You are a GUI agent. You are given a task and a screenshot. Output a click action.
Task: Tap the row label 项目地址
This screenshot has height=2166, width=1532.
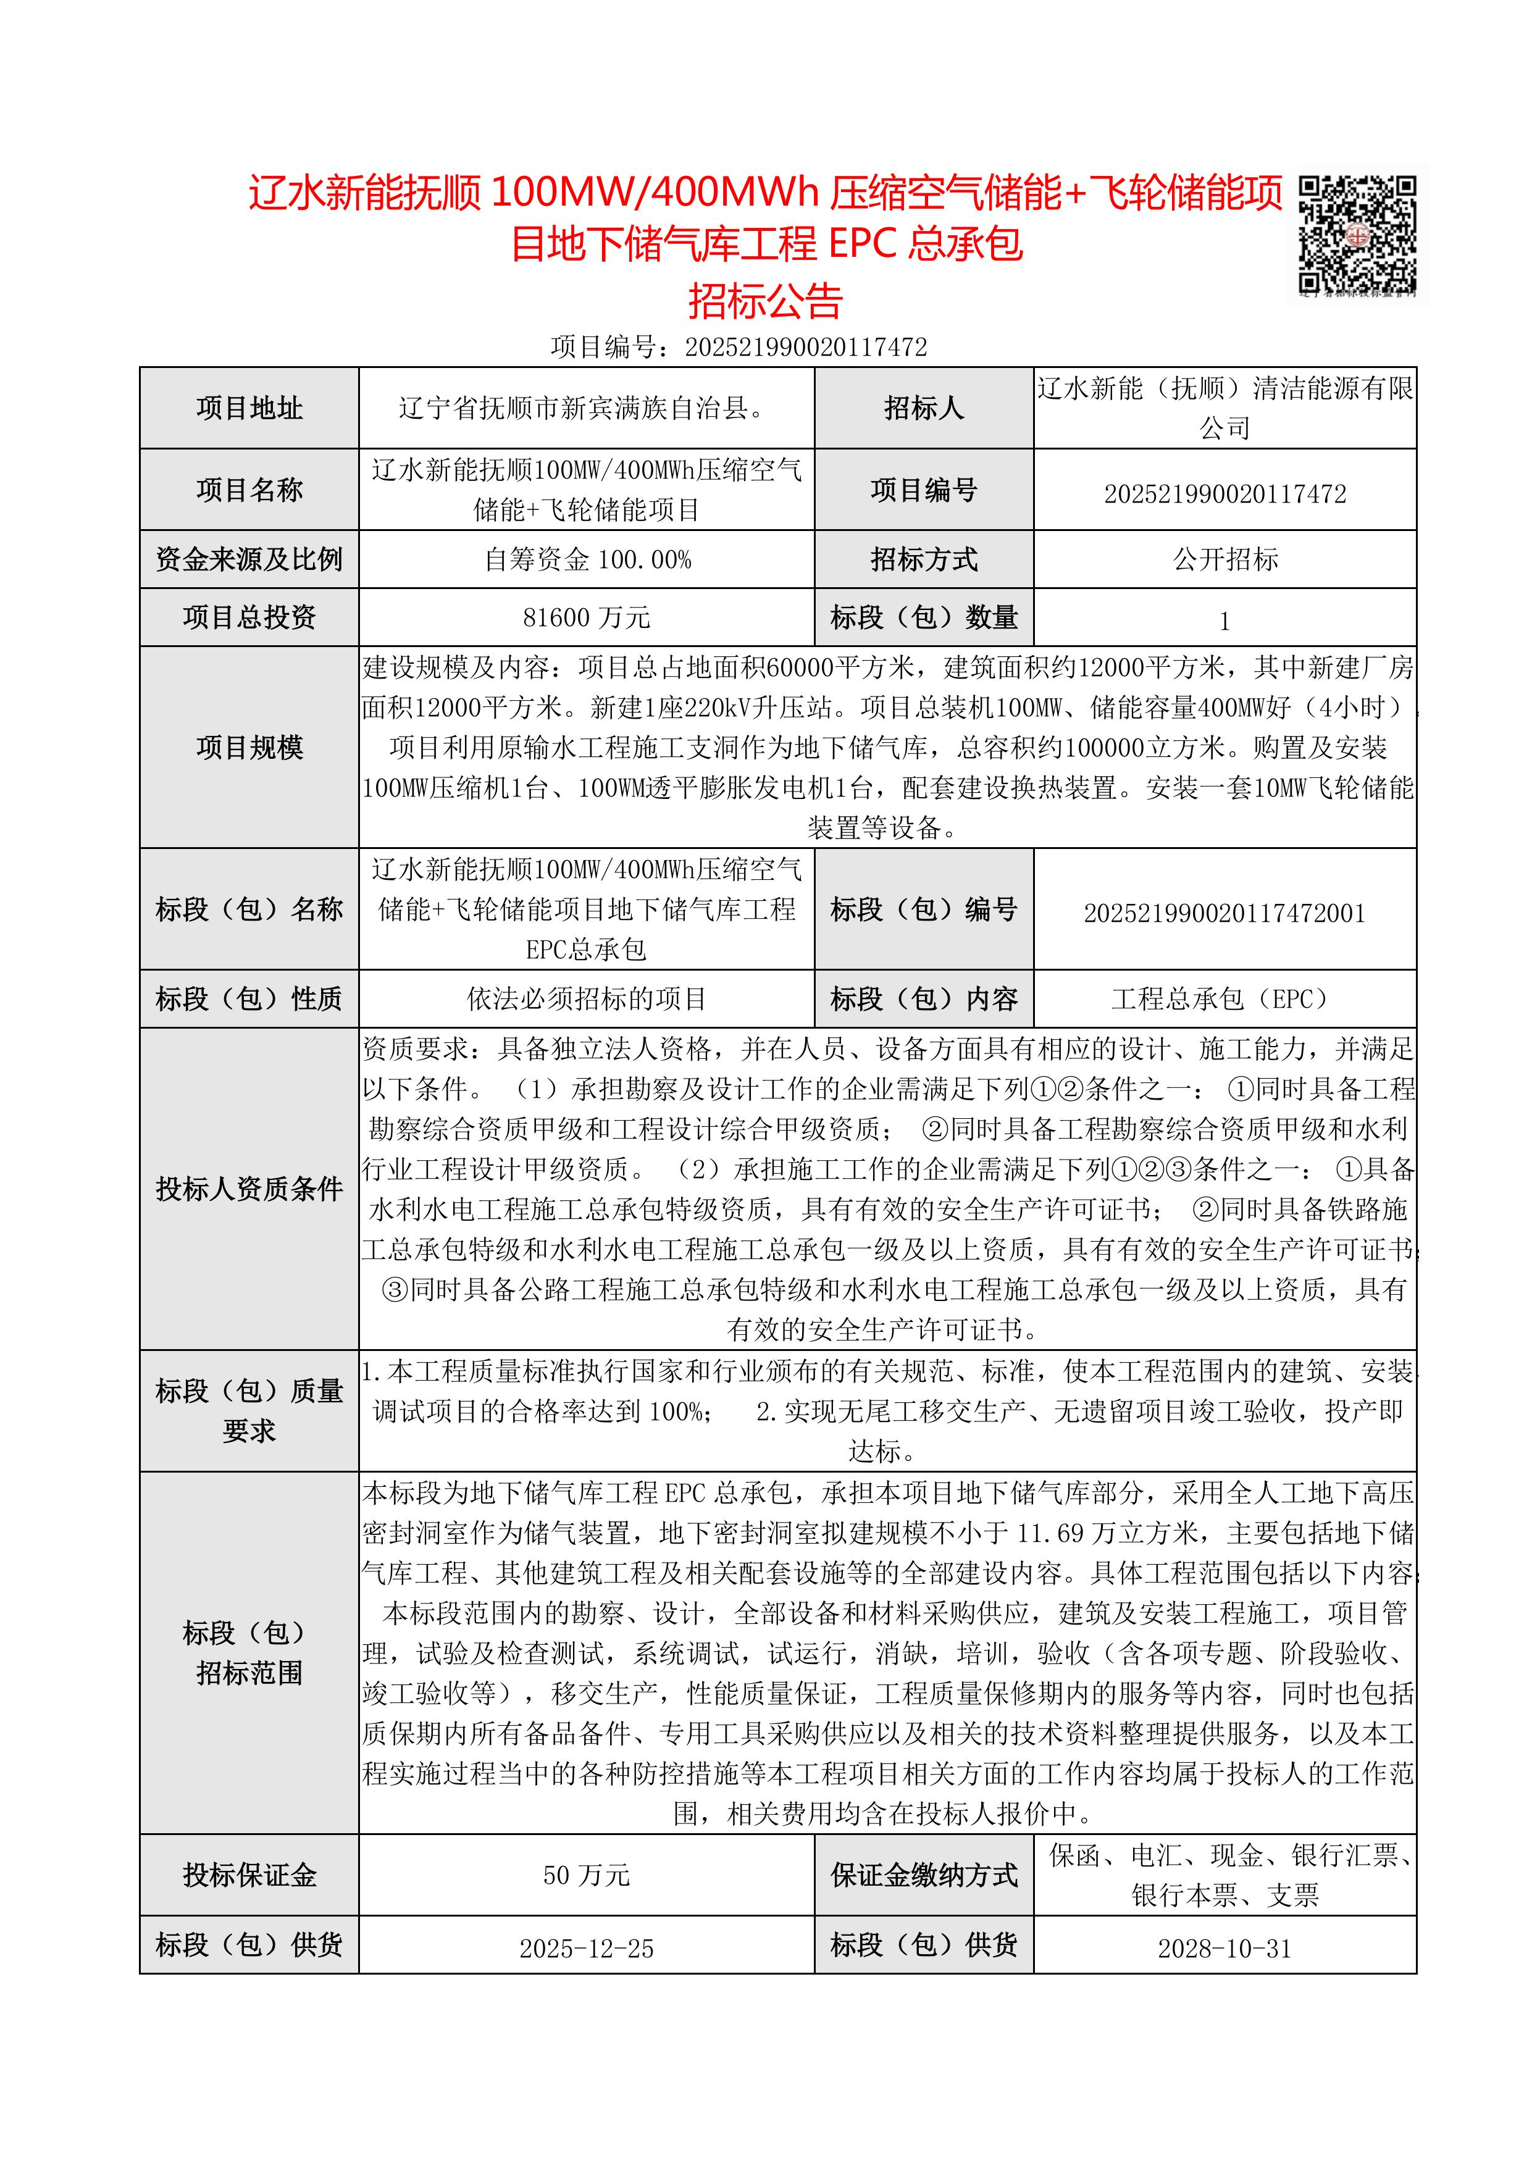249,409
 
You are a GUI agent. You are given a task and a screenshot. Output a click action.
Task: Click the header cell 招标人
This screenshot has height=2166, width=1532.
924,409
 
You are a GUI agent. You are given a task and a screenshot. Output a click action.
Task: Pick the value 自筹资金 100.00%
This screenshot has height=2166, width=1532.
587,559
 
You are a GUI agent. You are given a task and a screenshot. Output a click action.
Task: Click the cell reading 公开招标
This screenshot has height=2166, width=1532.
1224,559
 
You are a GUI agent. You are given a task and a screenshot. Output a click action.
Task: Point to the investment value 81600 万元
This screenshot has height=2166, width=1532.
587,618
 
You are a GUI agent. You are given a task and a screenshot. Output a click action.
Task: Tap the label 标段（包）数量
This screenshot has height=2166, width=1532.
924,618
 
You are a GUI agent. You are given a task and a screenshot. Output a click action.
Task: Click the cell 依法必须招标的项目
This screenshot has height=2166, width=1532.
587,999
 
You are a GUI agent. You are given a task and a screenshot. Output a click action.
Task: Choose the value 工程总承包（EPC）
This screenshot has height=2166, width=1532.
1224,999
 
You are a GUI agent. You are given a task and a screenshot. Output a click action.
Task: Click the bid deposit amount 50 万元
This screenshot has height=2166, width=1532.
587,1875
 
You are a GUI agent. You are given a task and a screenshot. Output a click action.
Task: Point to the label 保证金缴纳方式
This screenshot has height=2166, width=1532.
924,1875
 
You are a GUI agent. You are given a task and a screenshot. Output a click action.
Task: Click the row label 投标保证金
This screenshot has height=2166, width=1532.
249,1875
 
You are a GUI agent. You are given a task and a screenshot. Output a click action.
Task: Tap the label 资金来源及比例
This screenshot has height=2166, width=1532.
249,559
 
